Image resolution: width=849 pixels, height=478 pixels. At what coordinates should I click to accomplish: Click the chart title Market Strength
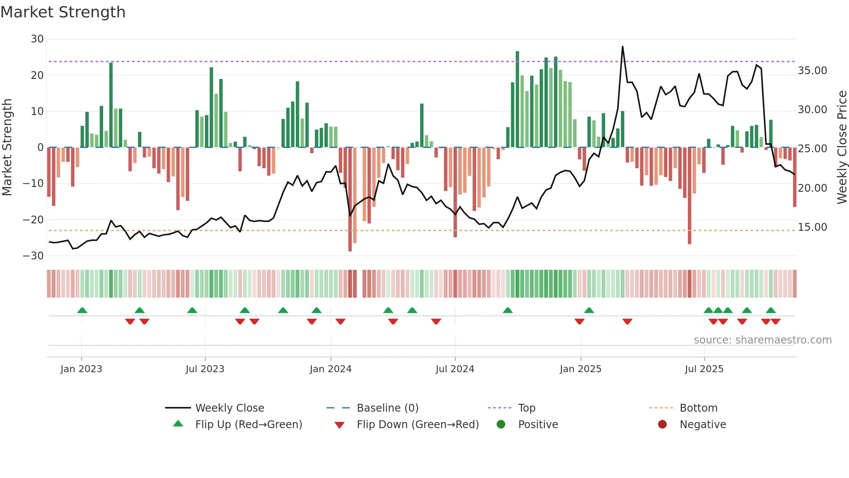[63, 12]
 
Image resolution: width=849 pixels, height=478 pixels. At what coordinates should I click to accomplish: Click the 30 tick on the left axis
[37, 39]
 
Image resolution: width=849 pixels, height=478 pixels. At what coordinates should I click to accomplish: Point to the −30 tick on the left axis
[34, 256]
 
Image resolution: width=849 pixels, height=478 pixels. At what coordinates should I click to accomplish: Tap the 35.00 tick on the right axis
[812, 71]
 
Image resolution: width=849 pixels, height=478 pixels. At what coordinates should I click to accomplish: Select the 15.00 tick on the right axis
[812, 227]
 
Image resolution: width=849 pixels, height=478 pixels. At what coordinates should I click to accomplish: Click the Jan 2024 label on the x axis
[331, 369]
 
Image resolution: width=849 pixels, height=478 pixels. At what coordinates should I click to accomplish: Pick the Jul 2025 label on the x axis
[704, 369]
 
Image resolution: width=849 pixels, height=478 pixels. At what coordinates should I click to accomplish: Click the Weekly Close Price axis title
[842, 147]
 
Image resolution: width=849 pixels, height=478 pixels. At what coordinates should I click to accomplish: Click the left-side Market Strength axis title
[7, 147]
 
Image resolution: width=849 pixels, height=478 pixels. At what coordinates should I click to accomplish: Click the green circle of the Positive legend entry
[501, 425]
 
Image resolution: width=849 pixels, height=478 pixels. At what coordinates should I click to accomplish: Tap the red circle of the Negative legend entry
[662, 425]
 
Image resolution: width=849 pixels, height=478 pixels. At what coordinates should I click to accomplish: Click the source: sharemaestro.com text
[762, 340]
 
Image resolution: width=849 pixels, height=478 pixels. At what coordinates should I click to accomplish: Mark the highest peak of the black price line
[622, 47]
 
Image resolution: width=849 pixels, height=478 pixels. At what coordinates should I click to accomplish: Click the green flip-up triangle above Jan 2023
[82, 310]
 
